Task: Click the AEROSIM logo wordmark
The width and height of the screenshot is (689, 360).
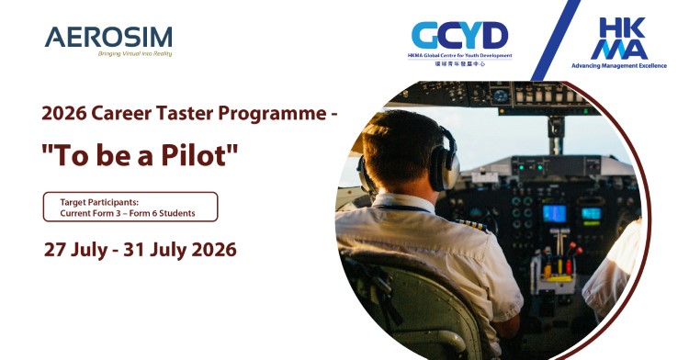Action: click(x=107, y=37)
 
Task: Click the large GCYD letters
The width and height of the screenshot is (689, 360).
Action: click(x=459, y=36)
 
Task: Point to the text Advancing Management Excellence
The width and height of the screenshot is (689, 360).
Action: click(x=619, y=66)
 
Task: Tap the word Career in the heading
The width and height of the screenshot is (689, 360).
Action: click(x=130, y=115)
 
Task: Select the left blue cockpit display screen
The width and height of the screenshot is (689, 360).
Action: click(x=555, y=213)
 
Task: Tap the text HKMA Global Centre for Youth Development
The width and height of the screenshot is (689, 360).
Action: click(x=459, y=56)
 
